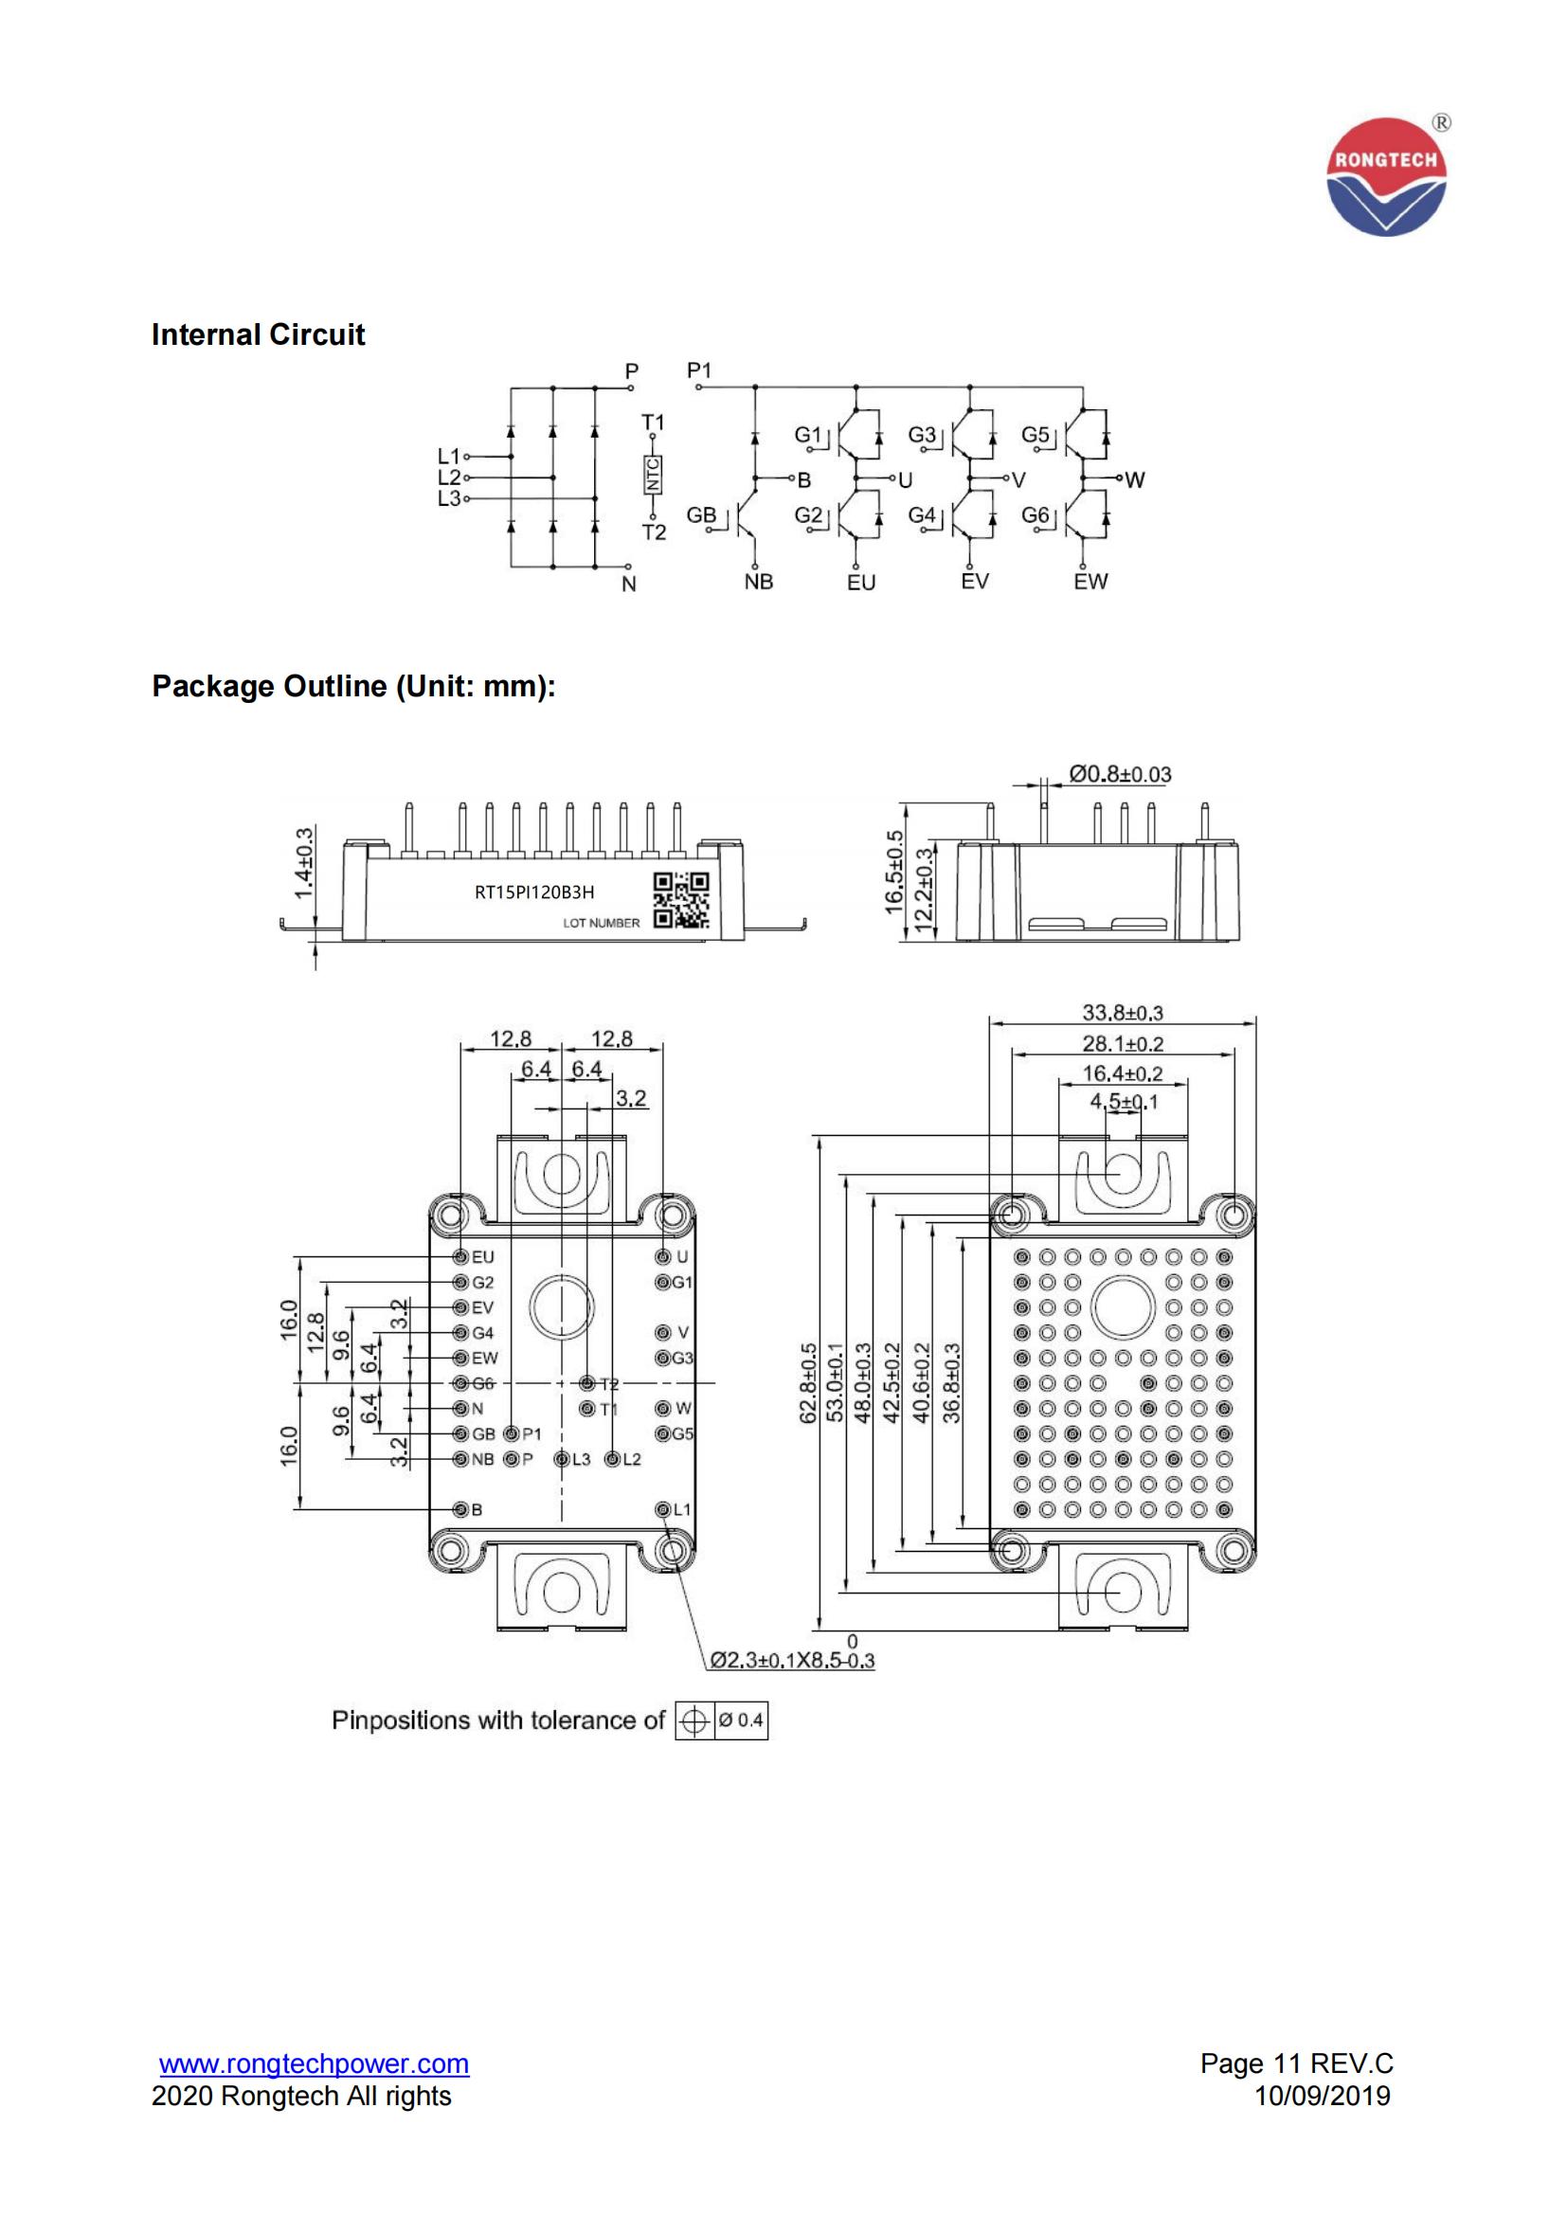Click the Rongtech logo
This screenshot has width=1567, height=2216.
[1387, 175]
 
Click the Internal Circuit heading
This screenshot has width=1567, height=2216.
[258, 334]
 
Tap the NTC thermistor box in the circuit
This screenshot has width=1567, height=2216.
[654, 476]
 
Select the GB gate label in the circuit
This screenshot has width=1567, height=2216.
[701, 515]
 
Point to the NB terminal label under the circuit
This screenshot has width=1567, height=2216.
[759, 582]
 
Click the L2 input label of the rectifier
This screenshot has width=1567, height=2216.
[449, 477]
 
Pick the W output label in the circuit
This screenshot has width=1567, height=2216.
[1135, 479]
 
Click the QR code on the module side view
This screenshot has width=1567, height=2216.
[681, 900]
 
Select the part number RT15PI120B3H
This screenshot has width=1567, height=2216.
[533, 892]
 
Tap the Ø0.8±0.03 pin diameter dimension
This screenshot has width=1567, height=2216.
[1119, 774]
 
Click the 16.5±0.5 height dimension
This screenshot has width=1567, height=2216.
[894, 872]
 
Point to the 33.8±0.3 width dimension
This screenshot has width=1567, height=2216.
[1122, 1013]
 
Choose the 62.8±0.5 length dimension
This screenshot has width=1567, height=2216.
[808, 1383]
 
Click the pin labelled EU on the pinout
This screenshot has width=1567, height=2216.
[461, 1256]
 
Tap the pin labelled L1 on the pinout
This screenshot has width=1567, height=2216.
[663, 1509]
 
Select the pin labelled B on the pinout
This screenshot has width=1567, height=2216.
[461, 1509]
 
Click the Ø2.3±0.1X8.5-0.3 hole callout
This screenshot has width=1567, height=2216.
[792, 1660]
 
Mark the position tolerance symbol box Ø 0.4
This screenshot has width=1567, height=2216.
[721, 1721]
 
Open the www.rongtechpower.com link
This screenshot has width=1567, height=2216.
[314, 2063]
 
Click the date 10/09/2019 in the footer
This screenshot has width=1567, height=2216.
[1322, 2096]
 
